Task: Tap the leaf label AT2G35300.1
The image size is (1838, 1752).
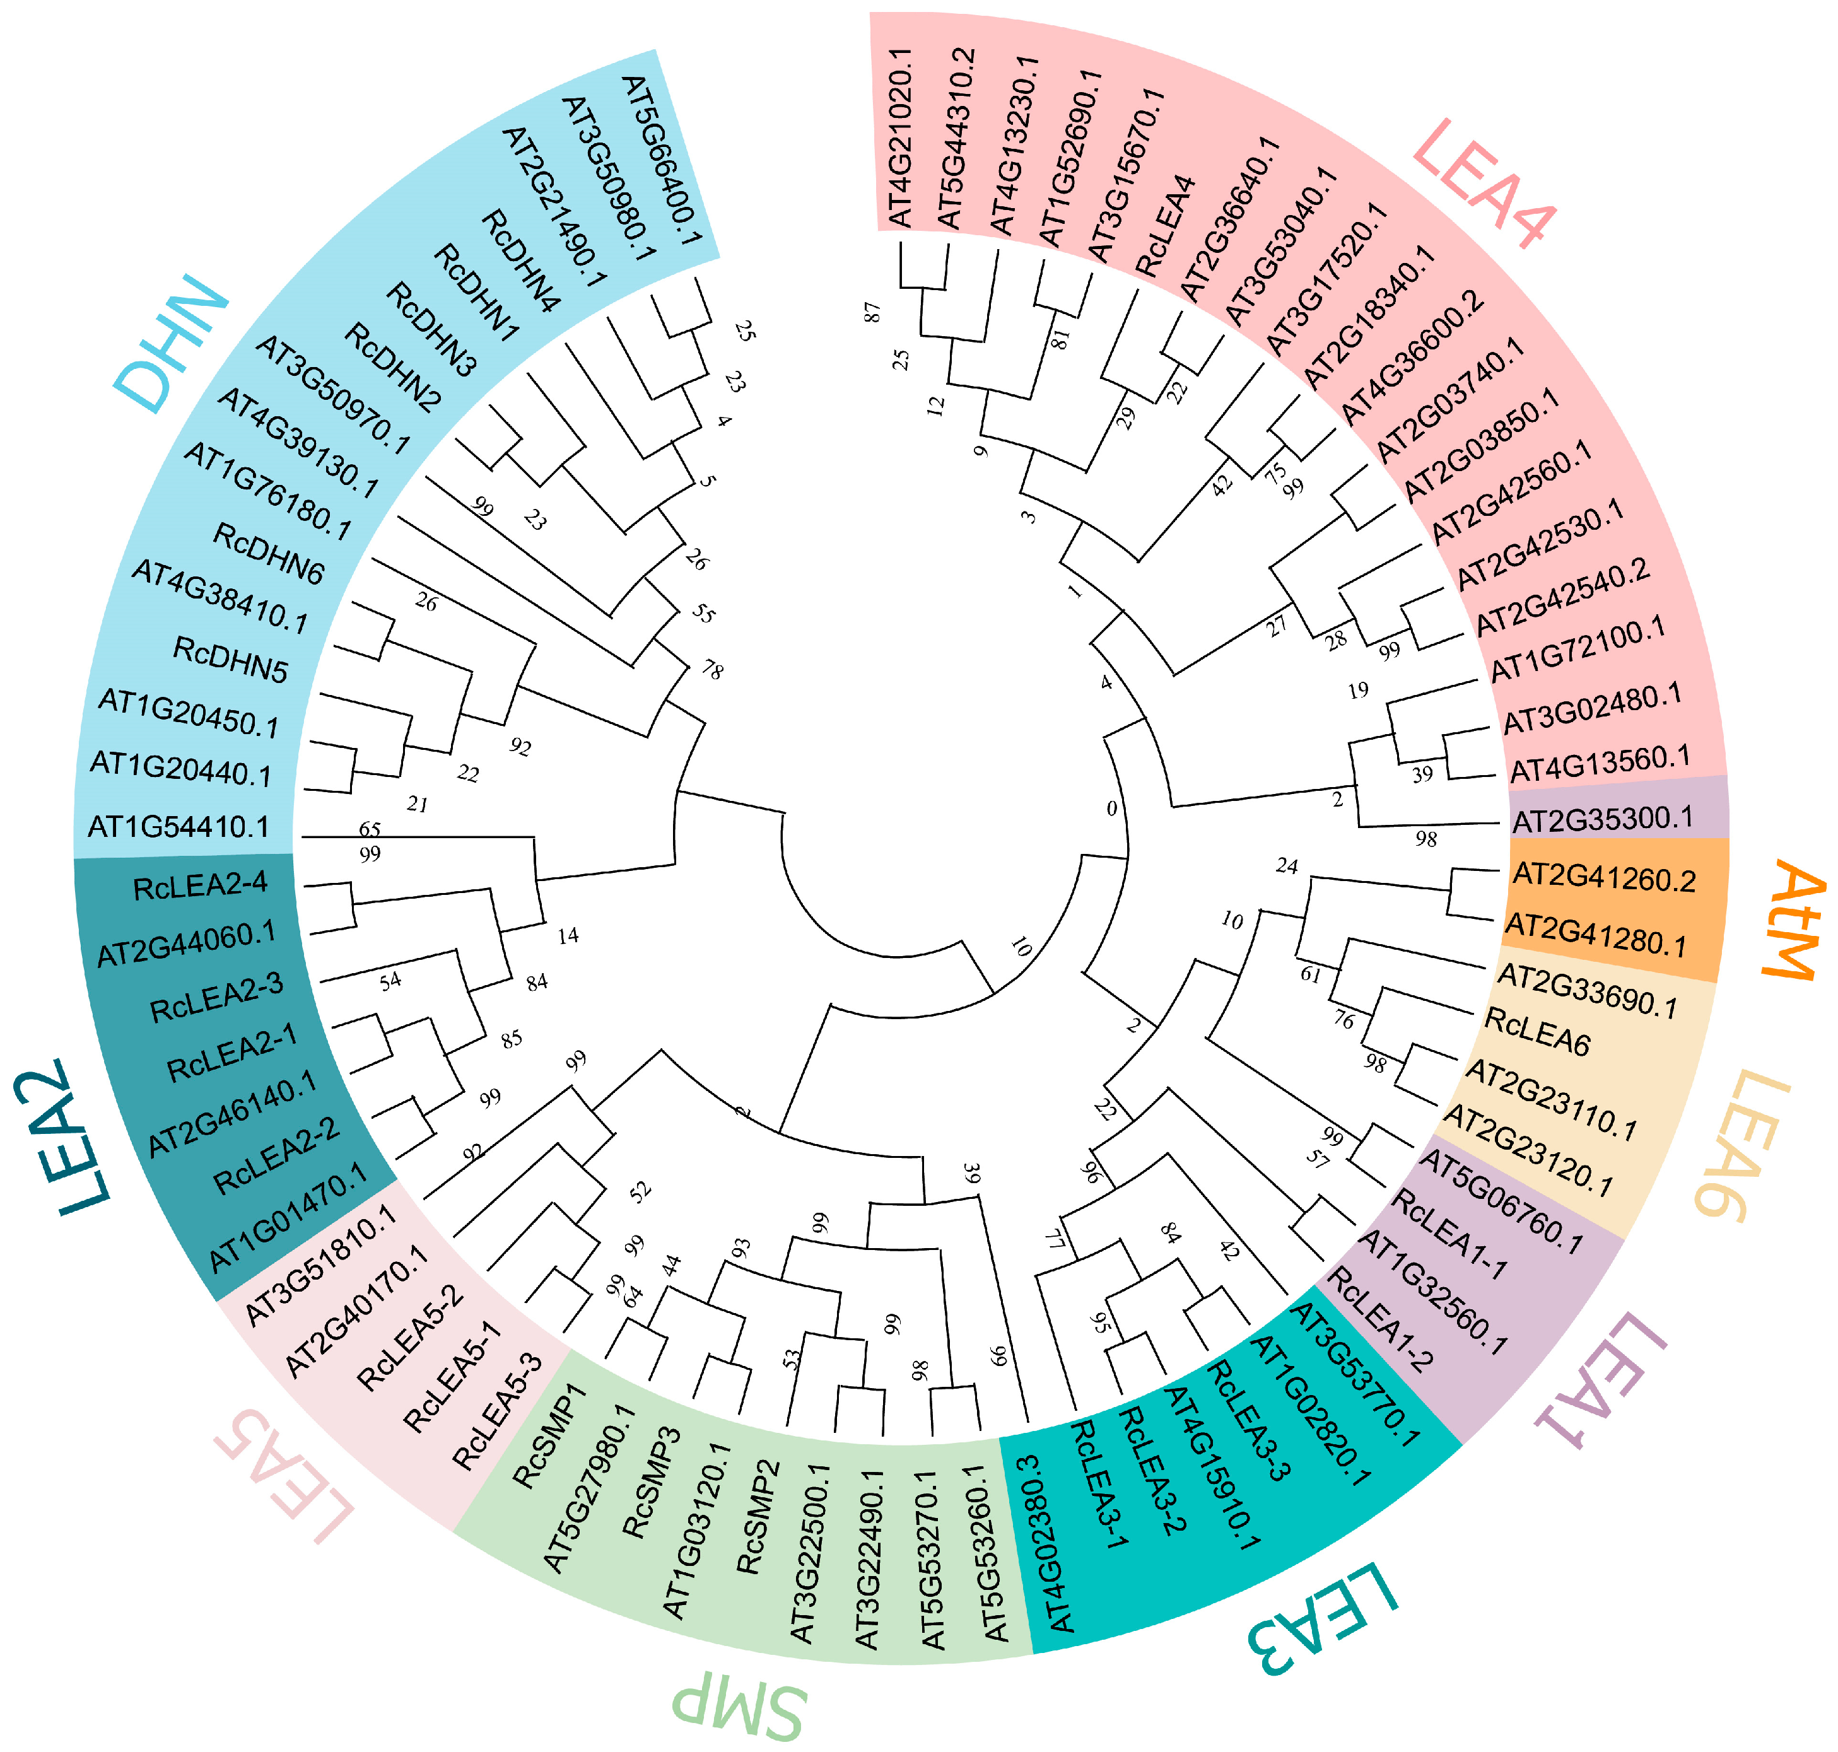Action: pos(1603,819)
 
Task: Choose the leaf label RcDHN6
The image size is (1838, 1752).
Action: pos(268,554)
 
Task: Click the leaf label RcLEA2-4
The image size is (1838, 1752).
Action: pos(200,885)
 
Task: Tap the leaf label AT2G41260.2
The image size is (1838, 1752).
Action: pos(1603,878)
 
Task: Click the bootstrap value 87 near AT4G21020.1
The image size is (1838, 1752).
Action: pos(872,312)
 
